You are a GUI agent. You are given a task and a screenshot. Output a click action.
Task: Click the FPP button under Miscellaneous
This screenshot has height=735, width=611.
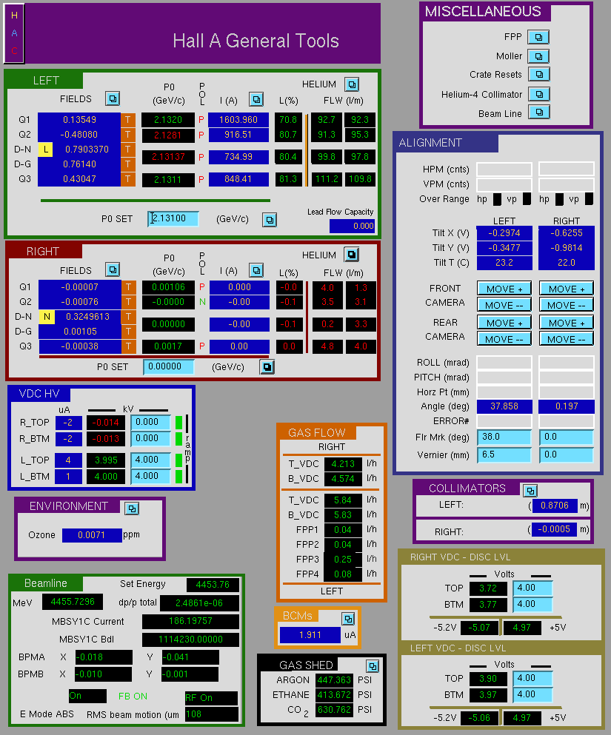(x=538, y=37)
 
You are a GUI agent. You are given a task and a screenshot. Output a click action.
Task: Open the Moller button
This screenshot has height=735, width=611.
(x=538, y=56)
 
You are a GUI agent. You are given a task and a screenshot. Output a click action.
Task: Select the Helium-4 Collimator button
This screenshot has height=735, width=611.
(x=538, y=94)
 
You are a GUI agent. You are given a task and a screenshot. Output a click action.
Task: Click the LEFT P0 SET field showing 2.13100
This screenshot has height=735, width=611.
(x=173, y=218)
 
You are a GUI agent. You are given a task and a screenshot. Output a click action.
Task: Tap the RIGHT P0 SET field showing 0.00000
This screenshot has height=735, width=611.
(x=169, y=366)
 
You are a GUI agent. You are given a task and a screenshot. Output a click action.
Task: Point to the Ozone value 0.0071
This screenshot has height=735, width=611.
(x=92, y=535)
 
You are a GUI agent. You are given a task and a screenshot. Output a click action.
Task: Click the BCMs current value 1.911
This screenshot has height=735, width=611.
(x=310, y=635)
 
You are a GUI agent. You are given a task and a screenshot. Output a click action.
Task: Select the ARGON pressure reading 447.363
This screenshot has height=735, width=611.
(x=334, y=680)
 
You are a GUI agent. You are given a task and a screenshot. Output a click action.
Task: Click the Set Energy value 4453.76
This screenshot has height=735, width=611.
(x=213, y=585)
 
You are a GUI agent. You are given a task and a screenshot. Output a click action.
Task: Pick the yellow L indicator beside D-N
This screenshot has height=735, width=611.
(x=45, y=150)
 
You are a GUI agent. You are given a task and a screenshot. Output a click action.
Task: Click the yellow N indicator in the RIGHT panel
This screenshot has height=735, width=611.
(x=47, y=317)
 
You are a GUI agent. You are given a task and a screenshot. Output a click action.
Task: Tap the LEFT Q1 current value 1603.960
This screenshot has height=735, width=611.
(x=238, y=119)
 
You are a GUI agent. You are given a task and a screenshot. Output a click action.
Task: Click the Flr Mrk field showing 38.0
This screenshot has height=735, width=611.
(x=504, y=437)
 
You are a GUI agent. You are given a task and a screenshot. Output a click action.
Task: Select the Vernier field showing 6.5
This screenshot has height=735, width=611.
(x=504, y=454)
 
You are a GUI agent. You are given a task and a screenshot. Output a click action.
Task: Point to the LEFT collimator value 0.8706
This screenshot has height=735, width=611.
(x=554, y=506)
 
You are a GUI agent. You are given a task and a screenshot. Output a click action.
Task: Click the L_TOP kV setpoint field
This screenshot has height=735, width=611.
(x=150, y=460)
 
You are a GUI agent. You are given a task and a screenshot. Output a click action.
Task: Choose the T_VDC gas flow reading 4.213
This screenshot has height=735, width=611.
(x=343, y=464)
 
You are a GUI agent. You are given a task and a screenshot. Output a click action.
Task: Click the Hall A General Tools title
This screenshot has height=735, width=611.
(x=256, y=41)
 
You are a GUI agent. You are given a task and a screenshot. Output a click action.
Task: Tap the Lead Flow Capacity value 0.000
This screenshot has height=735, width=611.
(x=352, y=226)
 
